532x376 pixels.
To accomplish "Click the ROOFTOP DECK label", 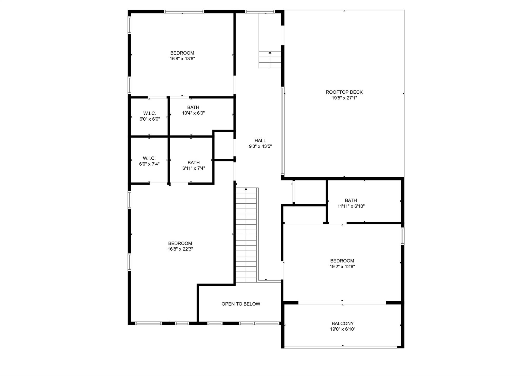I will click(344, 92).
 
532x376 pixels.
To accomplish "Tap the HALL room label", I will click(260, 141).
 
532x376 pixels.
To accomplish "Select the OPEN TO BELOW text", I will click(241, 304).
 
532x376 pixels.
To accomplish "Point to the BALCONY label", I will click(342, 323).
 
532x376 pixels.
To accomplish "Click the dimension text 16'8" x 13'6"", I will click(182, 59).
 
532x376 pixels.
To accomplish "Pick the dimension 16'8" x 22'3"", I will click(180, 249).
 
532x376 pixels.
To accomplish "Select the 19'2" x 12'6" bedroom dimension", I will click(342, 267).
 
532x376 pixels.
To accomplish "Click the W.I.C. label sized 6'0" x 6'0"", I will click(149, 113).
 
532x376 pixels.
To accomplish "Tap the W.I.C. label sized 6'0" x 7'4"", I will click(149, 158).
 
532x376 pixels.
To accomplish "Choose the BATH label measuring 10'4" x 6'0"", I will click(193, 107).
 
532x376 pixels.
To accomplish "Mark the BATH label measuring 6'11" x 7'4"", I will click(194, 163).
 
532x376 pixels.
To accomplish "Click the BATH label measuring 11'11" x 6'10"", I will click(351, 200).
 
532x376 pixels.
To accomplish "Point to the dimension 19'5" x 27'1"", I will click(344, 98).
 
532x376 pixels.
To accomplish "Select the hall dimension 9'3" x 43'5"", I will click(260, 146).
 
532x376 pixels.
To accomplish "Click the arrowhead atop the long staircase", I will click(246, 189).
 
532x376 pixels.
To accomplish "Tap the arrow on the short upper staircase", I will click(270, 53).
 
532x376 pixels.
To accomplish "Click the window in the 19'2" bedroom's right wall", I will click(403, 236).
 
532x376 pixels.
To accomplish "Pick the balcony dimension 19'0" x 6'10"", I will click(342, 329).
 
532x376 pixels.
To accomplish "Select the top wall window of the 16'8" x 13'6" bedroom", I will click(184, 11).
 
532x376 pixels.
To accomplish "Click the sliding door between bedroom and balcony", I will click(342, 303).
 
